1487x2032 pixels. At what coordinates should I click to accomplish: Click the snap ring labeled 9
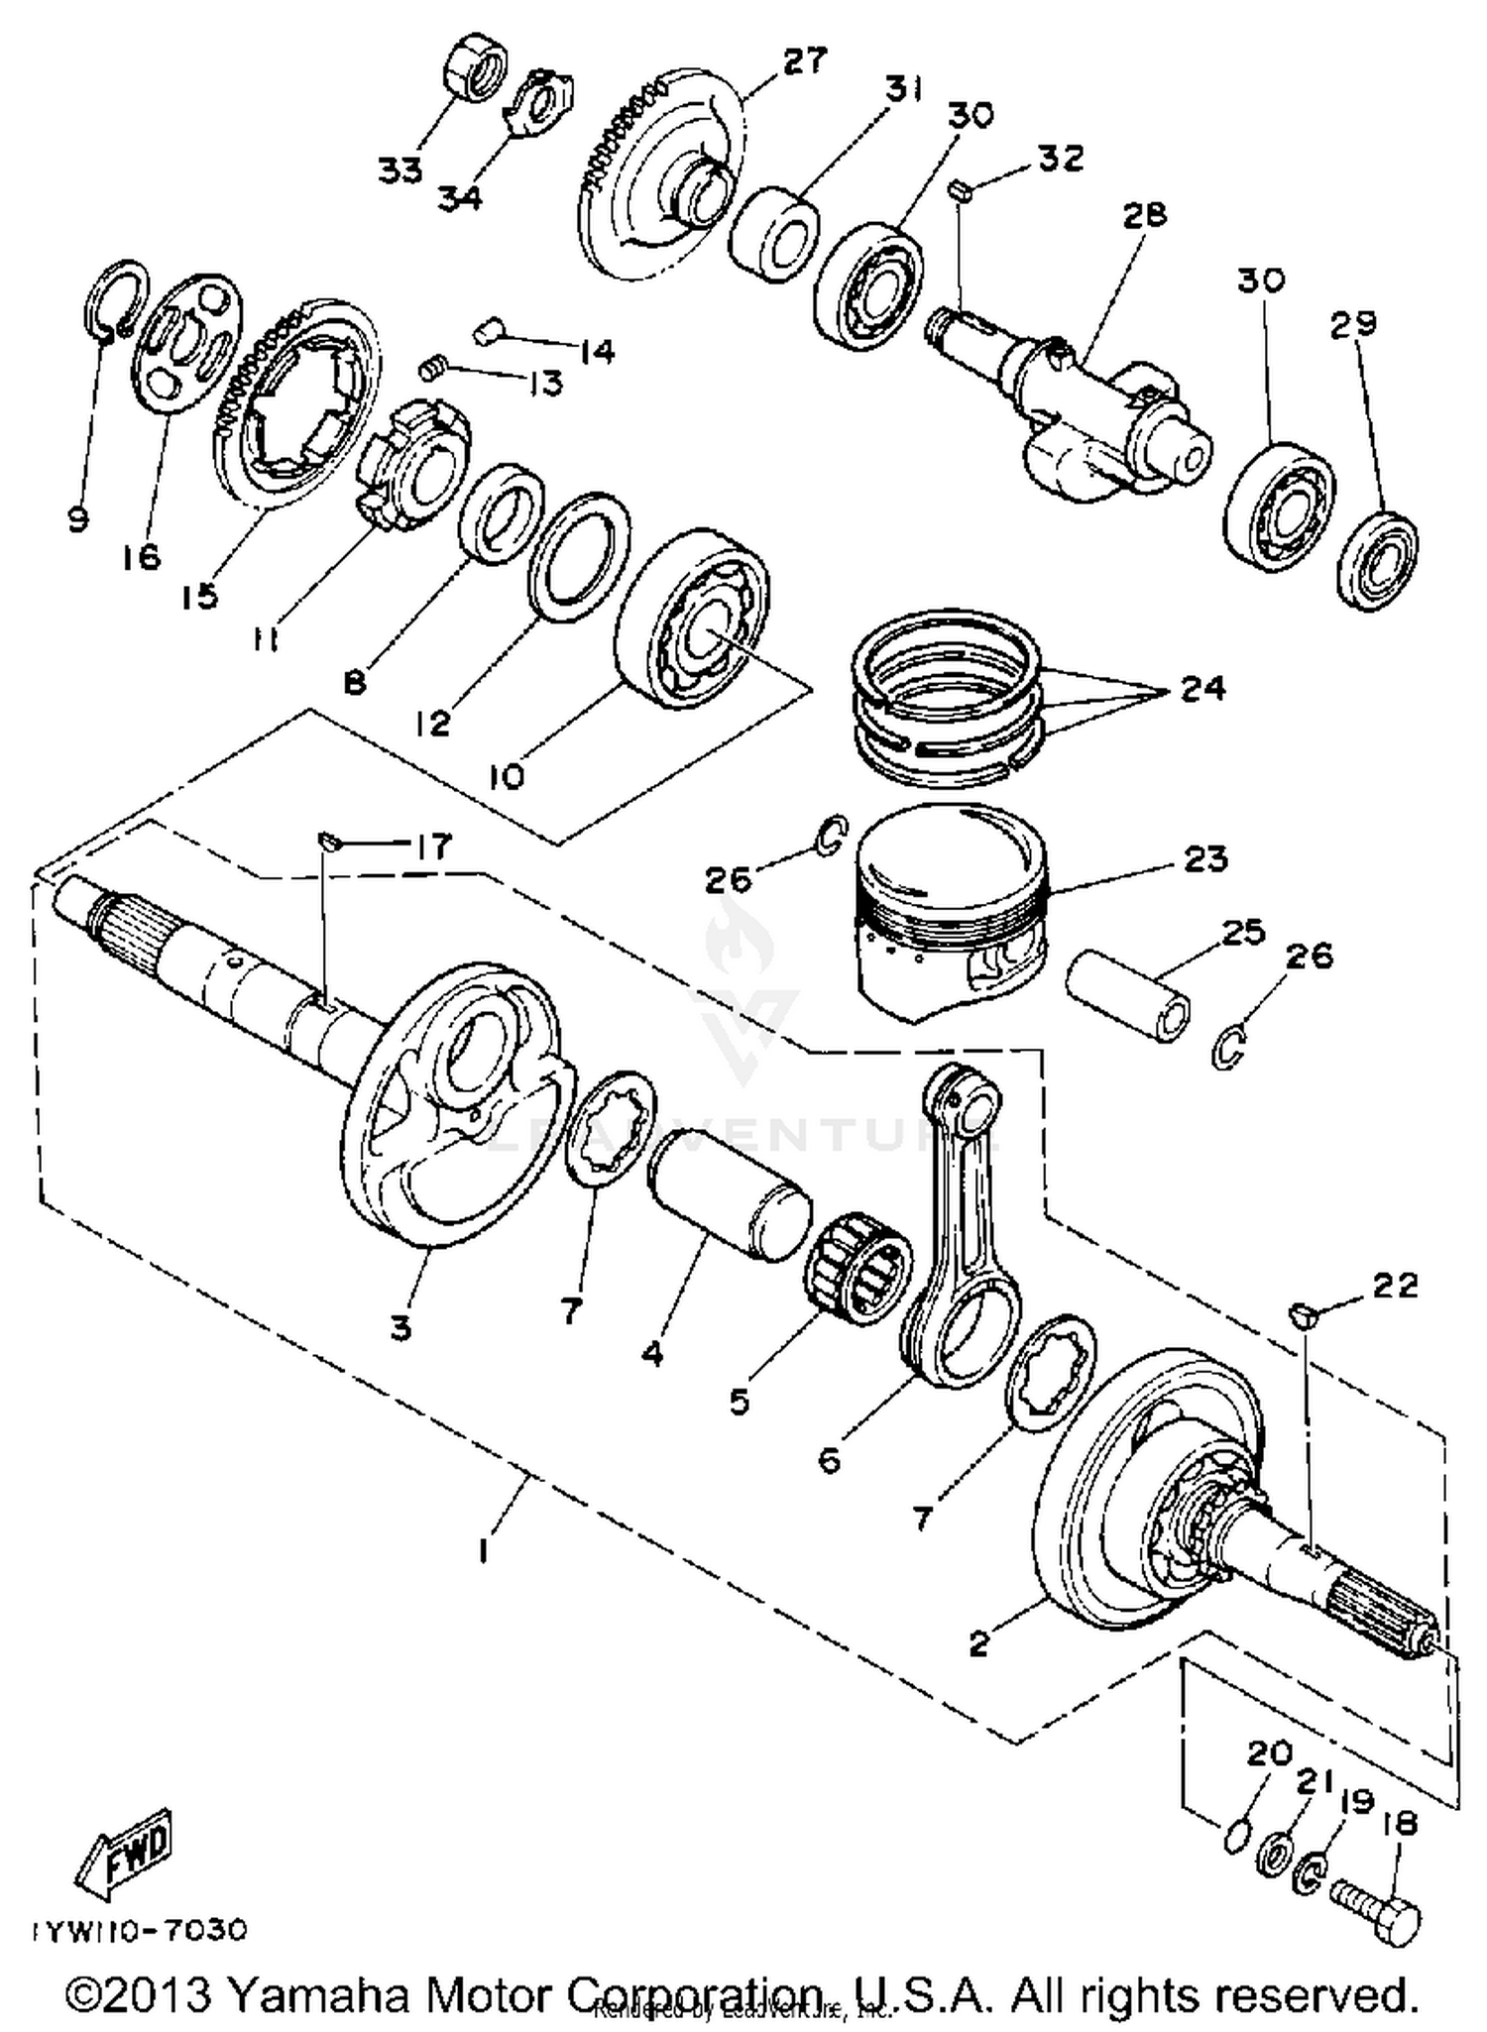111,301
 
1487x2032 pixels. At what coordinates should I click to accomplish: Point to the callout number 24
1202,688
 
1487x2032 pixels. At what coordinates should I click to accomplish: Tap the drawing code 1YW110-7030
139,1931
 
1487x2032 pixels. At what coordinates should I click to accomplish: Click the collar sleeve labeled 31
774,234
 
